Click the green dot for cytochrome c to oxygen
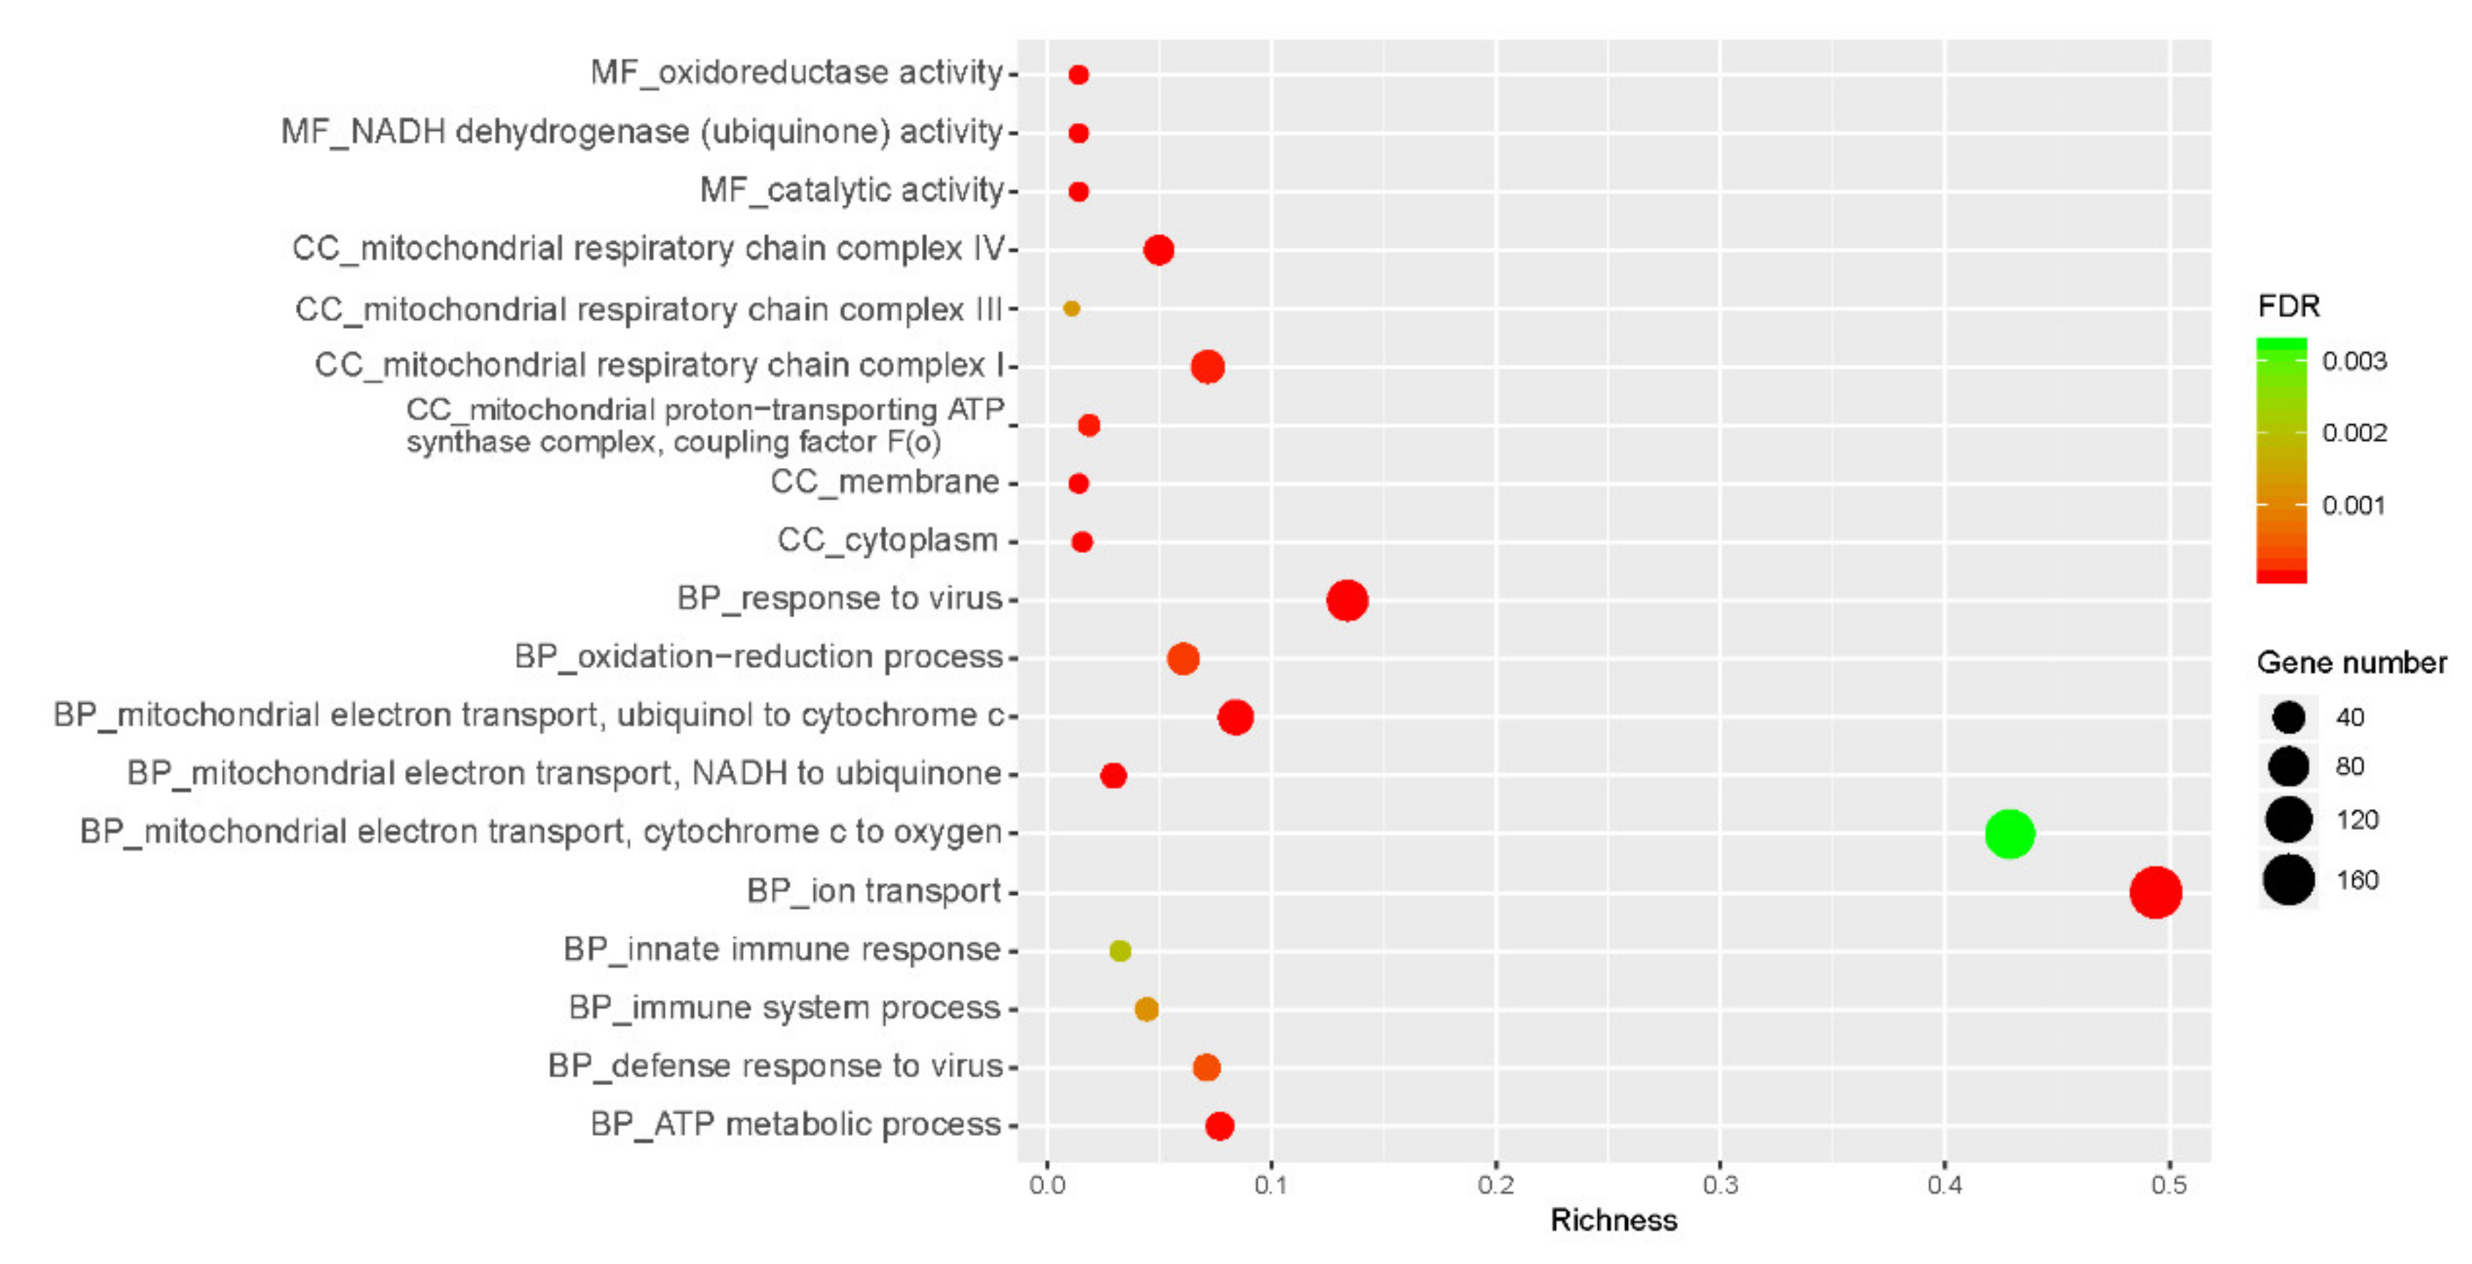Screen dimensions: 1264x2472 point(2008,833)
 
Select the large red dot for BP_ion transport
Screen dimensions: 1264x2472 point(2154,891)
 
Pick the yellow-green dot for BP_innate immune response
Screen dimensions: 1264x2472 point(1120,950)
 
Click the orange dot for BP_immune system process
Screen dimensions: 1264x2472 point(1146,1009)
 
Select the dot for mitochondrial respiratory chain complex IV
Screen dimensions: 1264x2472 point(1158,250)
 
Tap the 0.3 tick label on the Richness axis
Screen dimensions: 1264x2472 point(1720,1185)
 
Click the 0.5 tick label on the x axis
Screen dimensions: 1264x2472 point(2168,1185)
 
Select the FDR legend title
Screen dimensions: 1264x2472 point(2289,306)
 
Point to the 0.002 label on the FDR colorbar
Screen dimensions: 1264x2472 point(2354,433)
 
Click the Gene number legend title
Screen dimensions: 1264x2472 point(2351,662)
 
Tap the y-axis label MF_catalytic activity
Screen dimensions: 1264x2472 point(851,190)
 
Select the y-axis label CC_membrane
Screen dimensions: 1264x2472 point(884,482)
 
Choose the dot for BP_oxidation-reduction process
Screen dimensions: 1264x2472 point(1182,658)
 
